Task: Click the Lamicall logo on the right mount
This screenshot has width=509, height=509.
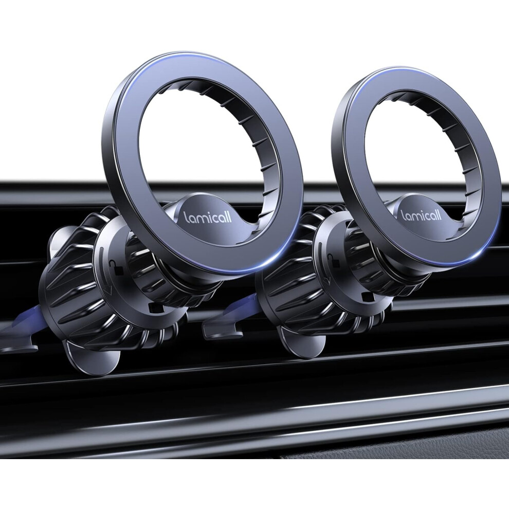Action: click(422, 214)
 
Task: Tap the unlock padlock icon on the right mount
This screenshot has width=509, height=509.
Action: click(332, 260)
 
